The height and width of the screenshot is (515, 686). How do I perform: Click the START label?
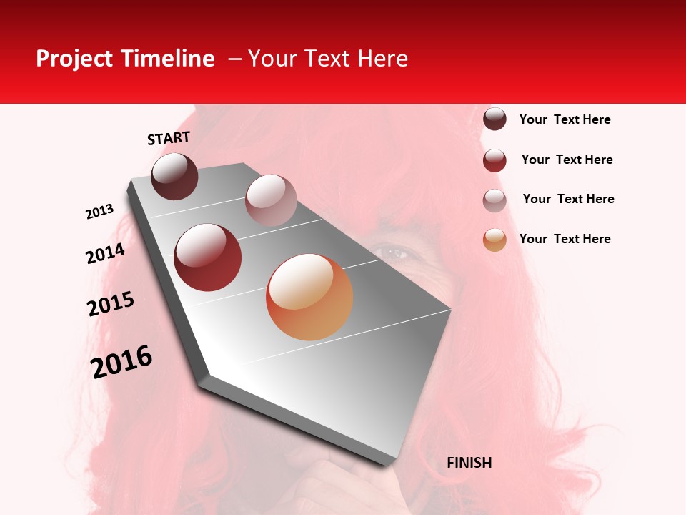(169, 137)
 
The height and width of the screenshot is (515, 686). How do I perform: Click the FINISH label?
(469, 463)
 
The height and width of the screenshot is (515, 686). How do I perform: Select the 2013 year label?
(99, 212)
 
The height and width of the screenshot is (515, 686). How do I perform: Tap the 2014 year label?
(105, 253)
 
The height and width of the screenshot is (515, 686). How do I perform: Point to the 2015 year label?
(110, 304)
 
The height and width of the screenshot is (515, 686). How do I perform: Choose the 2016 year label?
(121, 362)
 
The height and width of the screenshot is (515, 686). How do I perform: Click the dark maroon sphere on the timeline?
(174, 176)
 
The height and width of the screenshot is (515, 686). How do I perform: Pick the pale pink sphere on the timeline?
(271, 200)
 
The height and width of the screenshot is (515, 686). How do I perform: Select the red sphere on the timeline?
(208, 257)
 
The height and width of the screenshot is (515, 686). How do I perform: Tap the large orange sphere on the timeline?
(309, 297)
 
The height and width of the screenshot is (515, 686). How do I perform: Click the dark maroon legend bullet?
(494, 119)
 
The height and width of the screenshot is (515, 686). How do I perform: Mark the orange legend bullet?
(494, 240)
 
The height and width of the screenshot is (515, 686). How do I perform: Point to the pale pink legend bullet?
(494, 200)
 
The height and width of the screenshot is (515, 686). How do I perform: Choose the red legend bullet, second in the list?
(494, 160)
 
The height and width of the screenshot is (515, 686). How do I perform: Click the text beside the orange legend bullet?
(565, 239)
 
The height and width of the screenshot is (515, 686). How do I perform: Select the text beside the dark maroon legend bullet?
(565, 119)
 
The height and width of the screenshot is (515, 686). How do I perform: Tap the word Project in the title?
(74, 59)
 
